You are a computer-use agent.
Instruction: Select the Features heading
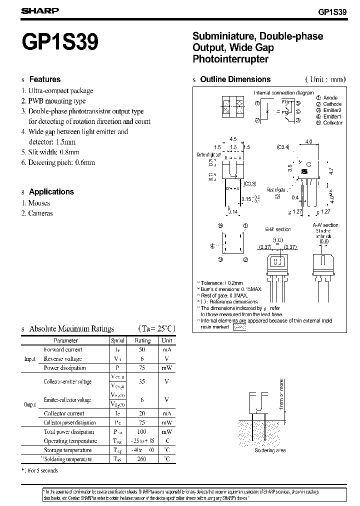[x=44, y=79]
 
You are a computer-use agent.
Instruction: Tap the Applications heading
[x=51, y=191]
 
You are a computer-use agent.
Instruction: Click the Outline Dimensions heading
[x=235, y=79]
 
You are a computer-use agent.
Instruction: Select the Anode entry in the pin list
[x=330, y=98]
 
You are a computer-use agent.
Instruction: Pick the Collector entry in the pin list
[x=332, y=122]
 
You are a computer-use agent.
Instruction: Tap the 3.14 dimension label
[x=232, y=211]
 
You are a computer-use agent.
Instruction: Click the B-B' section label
[x=277, y=229]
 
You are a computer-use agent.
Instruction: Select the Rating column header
[x=142, y=340]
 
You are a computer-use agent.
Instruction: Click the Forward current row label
[x=63, y=349]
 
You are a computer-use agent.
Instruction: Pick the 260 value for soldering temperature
[x=141, y=459]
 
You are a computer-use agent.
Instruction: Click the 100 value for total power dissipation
[x=142, y=431]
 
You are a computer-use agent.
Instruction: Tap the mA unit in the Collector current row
[x=166, y=413]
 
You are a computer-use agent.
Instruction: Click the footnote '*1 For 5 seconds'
[x=39, y=470]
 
